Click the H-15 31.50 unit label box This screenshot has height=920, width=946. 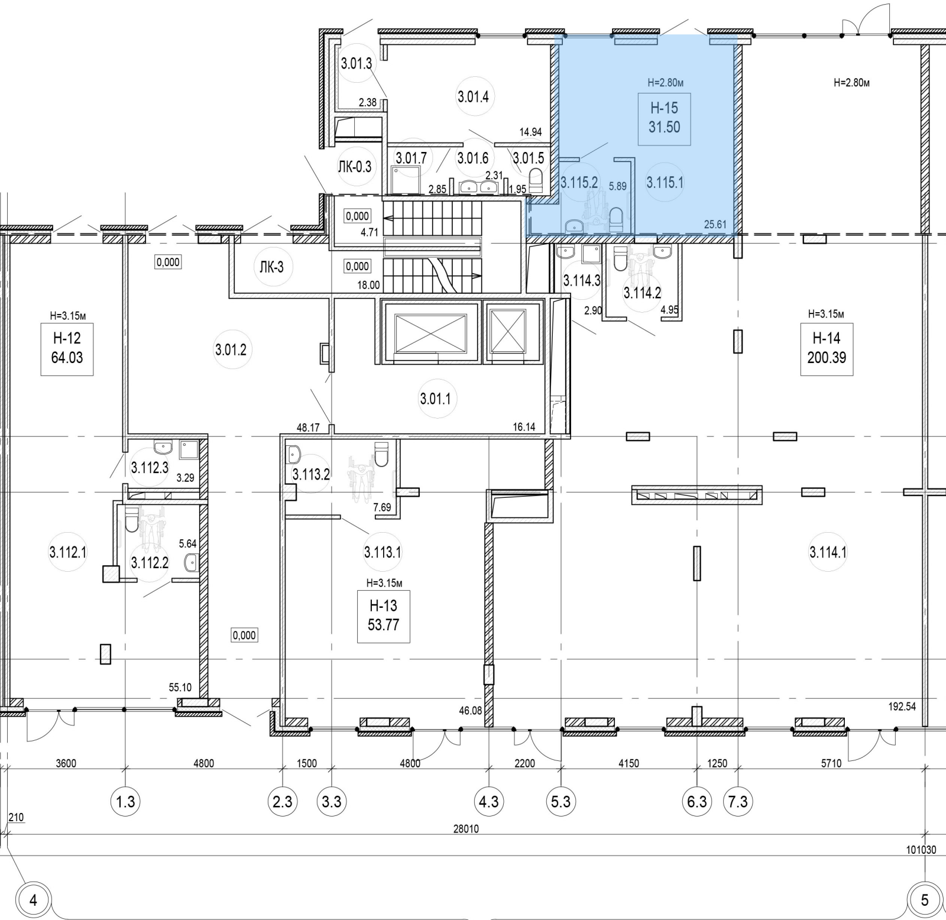(x=664, y=118)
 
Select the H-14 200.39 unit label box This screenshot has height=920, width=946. (x=826, y=348)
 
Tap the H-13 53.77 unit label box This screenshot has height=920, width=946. (x=383, y=616)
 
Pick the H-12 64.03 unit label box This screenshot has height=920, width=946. (x=67, y=348)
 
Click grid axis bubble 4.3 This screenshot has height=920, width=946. (x=488, y=802)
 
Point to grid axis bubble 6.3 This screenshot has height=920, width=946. (x=697, y=802)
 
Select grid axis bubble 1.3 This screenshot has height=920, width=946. (x=125, y=802)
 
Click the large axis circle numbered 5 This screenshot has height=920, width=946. (x=925, y=900)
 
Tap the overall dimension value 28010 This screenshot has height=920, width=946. (x=466, y=829)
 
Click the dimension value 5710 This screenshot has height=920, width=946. (x=831, y=763)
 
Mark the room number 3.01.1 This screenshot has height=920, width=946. (x=435, y=399)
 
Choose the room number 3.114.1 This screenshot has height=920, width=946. (x=828, y=553)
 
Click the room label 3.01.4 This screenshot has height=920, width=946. (x=473, y=96)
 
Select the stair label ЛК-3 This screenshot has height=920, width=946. (x=271, y=267)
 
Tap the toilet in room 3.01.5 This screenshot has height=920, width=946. (x=535, y=179)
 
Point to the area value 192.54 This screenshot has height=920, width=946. (x=902, y=706)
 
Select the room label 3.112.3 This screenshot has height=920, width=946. (x=150, y=468)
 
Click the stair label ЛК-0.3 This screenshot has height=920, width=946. (x=355, y=167)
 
